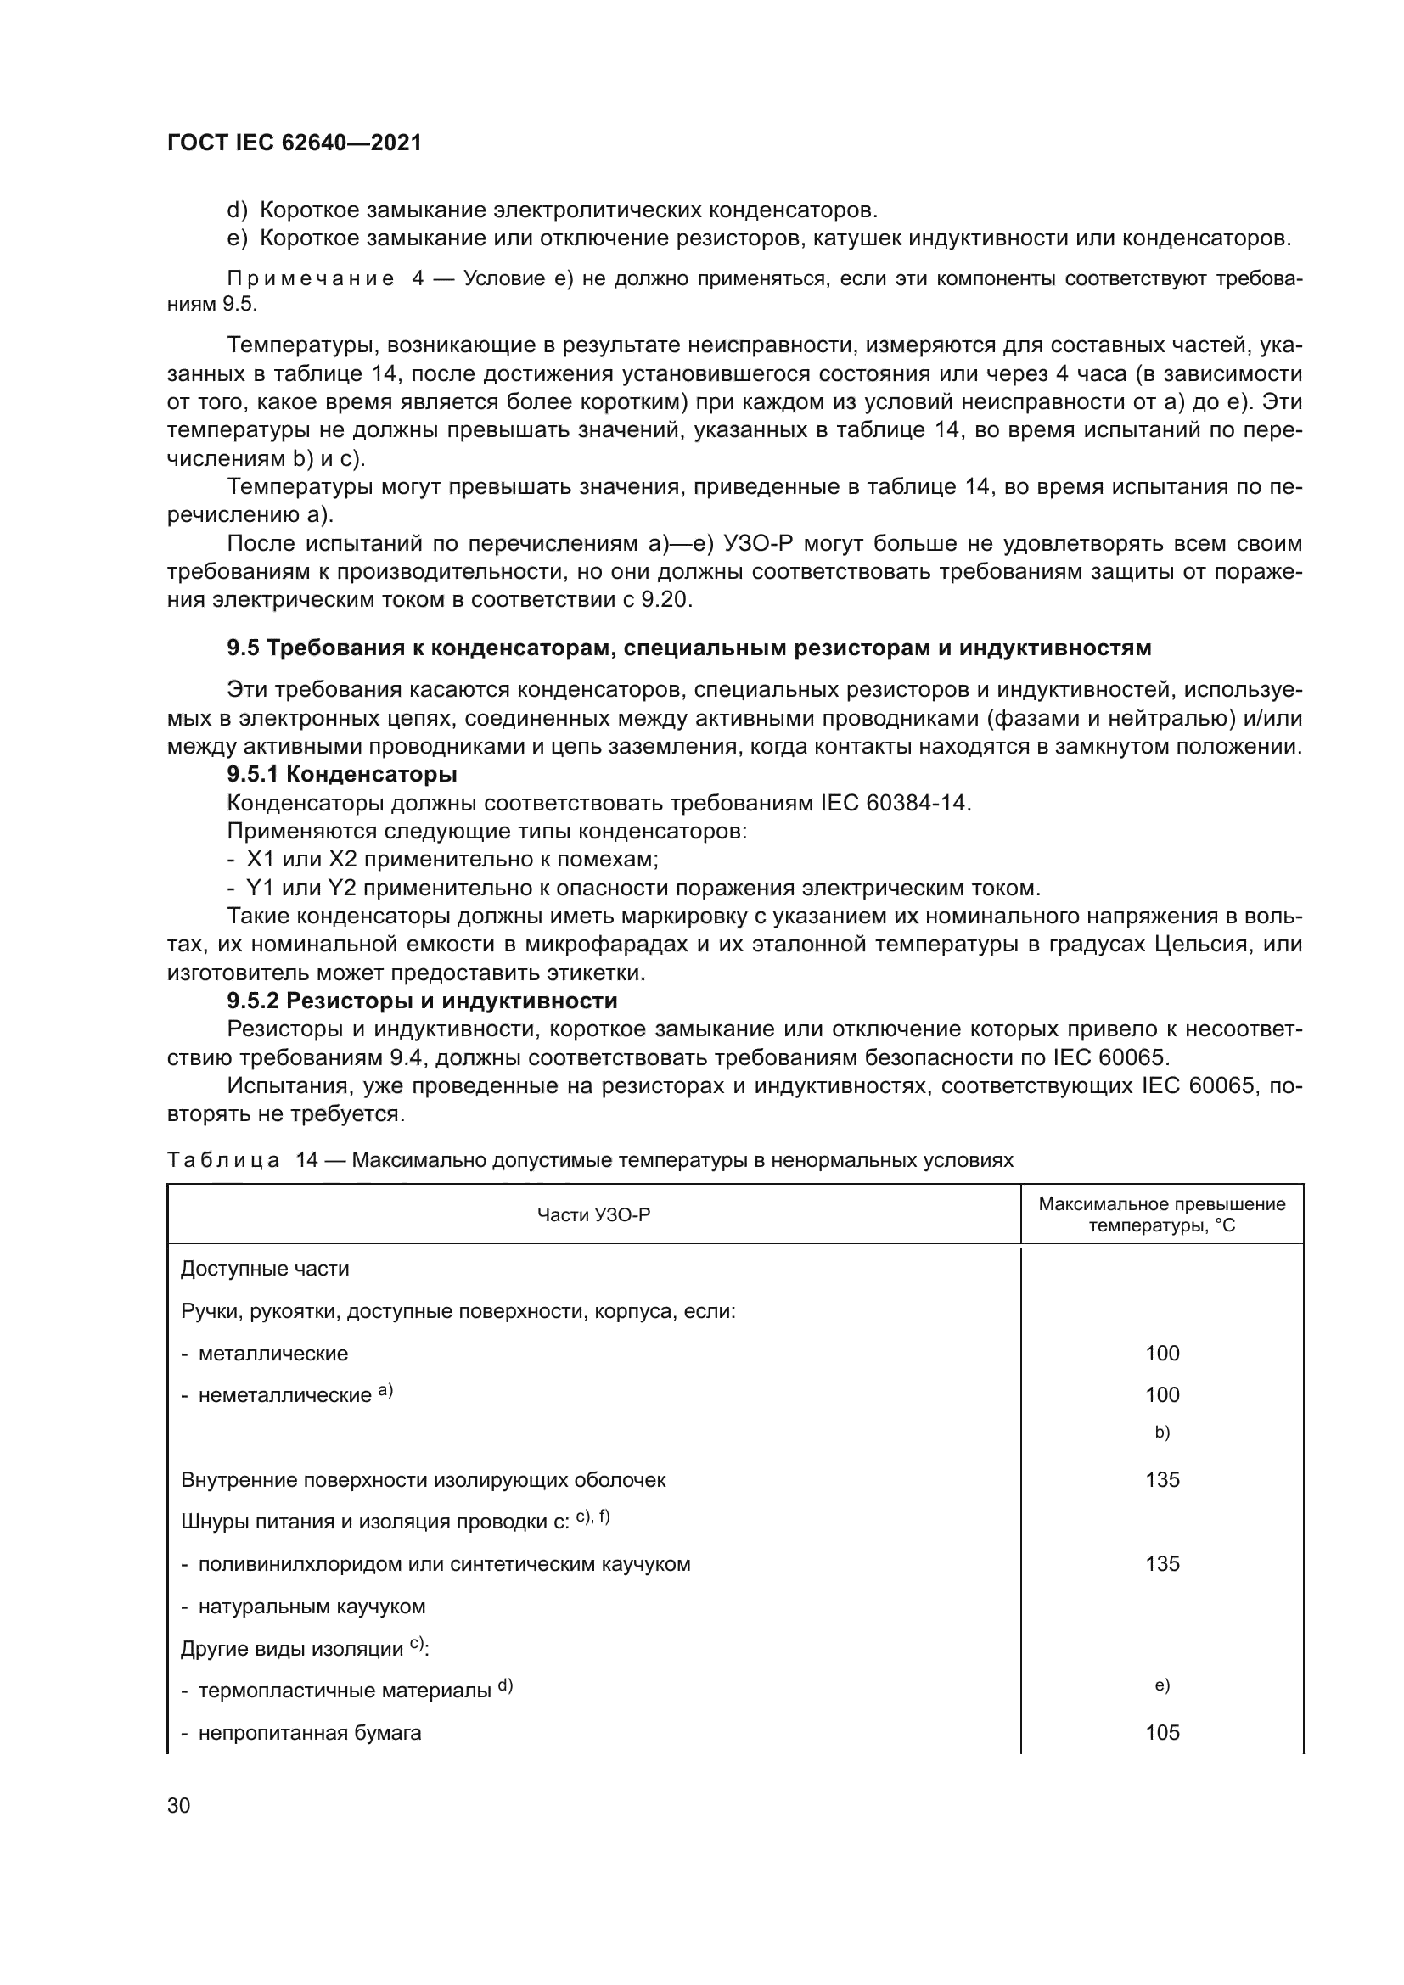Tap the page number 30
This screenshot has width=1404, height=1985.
(178, 1806)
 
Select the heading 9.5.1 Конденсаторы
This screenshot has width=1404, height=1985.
(341, 774)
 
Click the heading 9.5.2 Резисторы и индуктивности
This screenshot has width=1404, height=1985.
(422, 1001)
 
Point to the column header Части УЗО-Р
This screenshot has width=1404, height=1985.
(593, 1215)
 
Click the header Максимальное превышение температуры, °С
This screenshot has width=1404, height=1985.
(1161, 1214)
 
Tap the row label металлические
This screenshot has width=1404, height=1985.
(272, 1354)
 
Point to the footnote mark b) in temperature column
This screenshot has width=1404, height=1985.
(1161, 1432)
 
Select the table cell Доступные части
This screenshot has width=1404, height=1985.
(265, 1269)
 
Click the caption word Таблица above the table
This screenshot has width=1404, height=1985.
(223, 1160)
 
